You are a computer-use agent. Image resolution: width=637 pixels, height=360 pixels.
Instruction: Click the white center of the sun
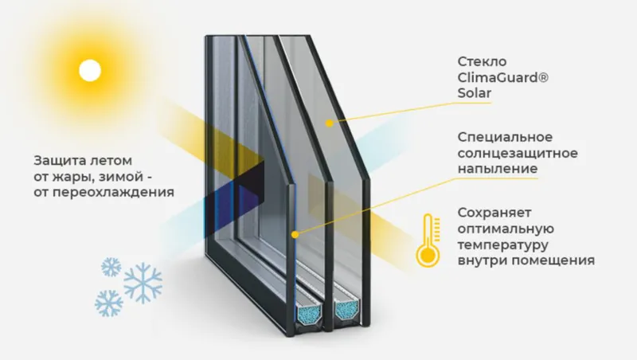point(90,70)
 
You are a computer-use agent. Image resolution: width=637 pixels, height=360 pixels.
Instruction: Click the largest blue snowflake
point(143,283)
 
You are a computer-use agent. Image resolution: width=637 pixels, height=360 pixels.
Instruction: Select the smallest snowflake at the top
point(111,267)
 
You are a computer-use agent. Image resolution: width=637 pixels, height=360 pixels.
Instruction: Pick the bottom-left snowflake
point(109,303)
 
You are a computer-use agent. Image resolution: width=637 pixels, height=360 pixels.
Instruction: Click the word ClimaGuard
point(503,77)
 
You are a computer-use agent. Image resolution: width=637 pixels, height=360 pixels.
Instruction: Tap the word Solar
point(475,93)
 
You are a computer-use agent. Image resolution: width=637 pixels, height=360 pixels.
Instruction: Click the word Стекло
point(483,62)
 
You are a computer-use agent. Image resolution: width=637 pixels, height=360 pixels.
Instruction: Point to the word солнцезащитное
point(518,153)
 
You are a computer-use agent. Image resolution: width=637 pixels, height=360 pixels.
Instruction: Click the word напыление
point(498,169)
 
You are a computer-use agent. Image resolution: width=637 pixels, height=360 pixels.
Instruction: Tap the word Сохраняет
point(494,213)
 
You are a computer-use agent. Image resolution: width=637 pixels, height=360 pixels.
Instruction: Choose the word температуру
point(503,245)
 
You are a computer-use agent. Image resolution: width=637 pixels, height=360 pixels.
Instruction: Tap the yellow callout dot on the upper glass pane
point(329,123)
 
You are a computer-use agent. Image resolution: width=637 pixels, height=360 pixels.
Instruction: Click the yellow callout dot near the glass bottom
point(295,234)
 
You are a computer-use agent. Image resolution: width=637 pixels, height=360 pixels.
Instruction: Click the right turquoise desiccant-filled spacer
point(347,310)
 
